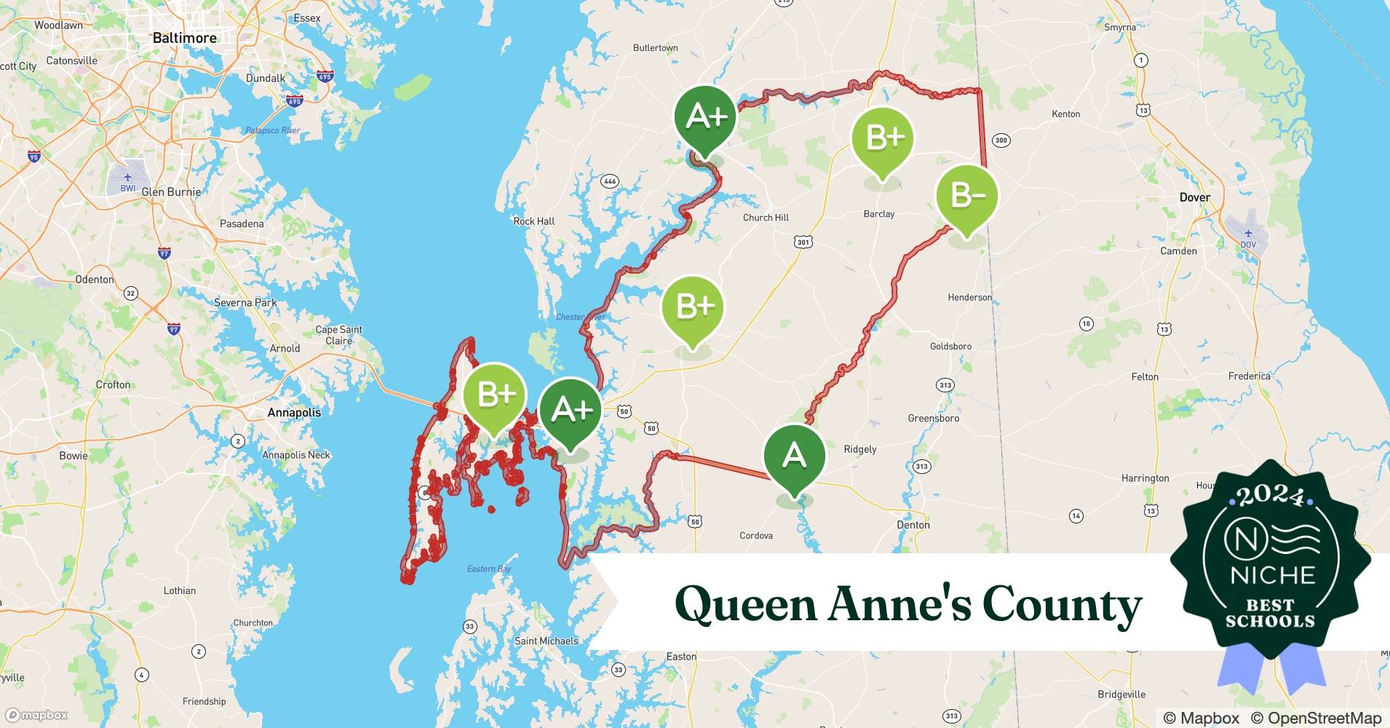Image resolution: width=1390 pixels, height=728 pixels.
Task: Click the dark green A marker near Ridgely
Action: click(794, 456)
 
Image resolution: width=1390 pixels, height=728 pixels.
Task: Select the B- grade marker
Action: click(966, 195)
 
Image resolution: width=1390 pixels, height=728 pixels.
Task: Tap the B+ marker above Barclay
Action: click(883, 137)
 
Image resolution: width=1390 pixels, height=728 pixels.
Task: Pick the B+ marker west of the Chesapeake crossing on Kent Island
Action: click(495, 395)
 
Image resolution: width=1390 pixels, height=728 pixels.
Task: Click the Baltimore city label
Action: click(184, 38)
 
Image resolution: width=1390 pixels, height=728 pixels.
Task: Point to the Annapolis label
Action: click(294, 412)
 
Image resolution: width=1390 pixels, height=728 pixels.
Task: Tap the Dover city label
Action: click(1194, 197)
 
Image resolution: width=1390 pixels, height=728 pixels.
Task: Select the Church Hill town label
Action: click(766, 218)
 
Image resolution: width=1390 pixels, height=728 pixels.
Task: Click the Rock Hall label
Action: click(533, 221)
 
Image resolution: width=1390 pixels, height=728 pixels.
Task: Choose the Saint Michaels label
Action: click(546, 641)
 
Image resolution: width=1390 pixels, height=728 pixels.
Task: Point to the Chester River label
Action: click(580, 317)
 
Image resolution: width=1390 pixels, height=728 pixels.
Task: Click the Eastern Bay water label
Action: click(489, 569)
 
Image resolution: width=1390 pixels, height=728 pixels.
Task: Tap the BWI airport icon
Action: click(128, 178)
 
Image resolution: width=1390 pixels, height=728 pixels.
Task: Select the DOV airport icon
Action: click(1248, 234)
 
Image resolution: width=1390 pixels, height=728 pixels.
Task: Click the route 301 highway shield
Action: click(803, 242)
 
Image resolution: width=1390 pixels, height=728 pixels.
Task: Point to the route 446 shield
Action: click(609, 181)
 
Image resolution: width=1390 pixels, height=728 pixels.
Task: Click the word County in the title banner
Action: click(1062, 604)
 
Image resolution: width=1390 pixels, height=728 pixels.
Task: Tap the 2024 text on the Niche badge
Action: click(1270, 497)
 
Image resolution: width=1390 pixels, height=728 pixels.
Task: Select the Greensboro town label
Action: click(933, 419)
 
